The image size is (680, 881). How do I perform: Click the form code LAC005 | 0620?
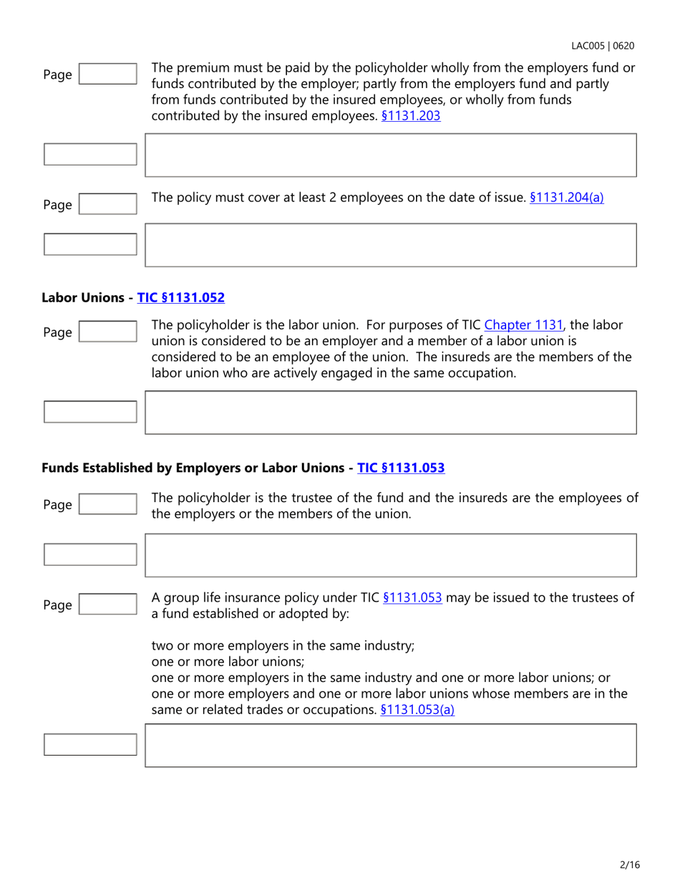[x=602, y=46]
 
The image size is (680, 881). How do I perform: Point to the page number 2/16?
[x=629, y=865]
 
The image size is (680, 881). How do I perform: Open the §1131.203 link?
[x=410, y=115]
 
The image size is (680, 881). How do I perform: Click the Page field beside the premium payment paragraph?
[x=107, y=74]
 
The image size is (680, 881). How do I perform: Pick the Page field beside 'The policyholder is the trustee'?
[x=107, y=504]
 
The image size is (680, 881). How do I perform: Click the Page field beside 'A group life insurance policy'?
[x=107, y=605]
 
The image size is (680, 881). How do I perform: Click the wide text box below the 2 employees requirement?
[x=391, y=245]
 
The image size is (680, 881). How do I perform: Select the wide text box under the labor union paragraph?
[x=391, y=412]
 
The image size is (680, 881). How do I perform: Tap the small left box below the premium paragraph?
[x=90, y=155]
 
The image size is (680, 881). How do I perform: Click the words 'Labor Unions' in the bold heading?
[x=86, y=297]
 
